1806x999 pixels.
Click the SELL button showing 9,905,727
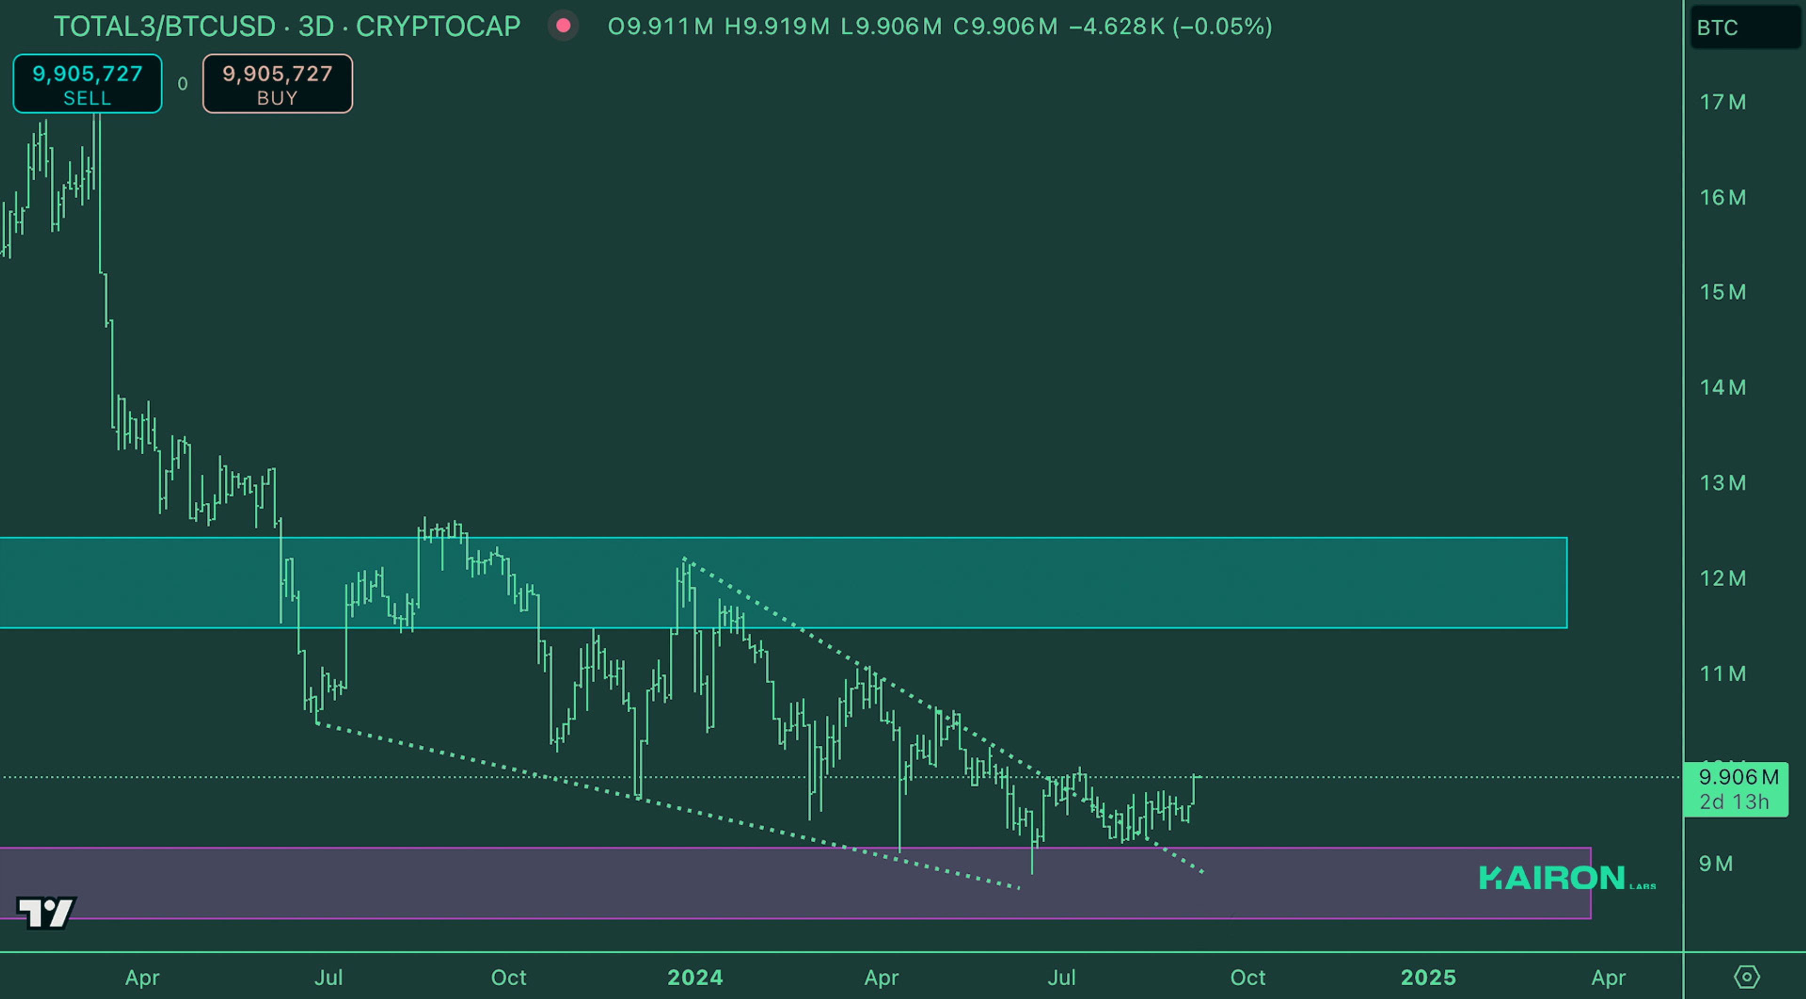87,83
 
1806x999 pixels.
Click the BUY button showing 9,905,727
277,83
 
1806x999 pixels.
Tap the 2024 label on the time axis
695,977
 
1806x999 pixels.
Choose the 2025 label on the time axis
1428,977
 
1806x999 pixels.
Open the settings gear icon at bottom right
1746,976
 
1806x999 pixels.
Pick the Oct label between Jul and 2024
508,977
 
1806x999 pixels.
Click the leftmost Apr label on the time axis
143,977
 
